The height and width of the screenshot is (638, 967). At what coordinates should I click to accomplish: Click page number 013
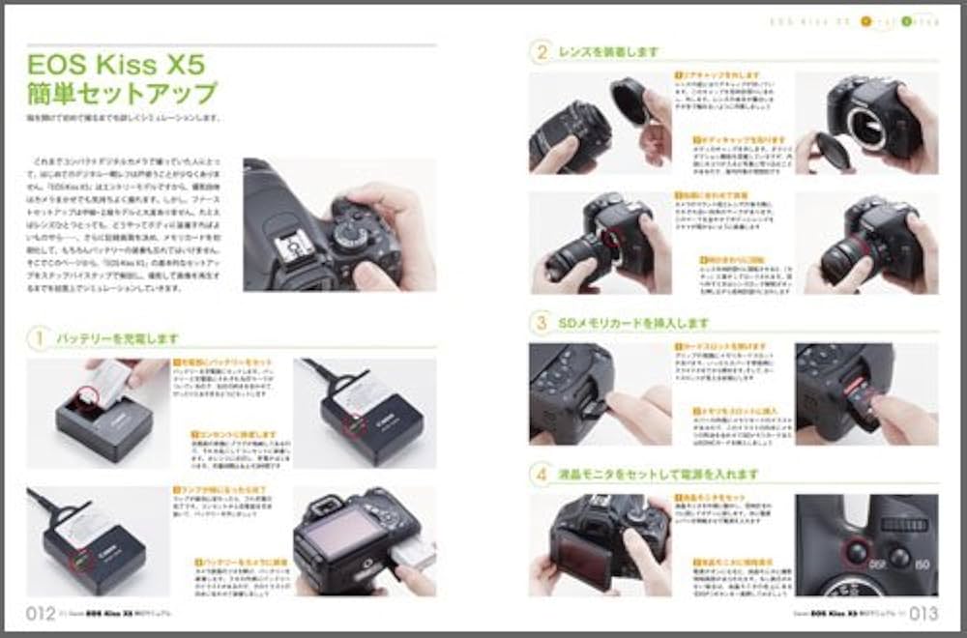[923, 611]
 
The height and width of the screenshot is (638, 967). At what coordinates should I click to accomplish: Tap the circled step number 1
[40, 338]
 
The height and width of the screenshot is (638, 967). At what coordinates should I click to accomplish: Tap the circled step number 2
[542, 51]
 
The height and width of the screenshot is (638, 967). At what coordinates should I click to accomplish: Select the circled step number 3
[542, 322]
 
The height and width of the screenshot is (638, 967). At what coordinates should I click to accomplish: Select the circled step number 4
[542, 474]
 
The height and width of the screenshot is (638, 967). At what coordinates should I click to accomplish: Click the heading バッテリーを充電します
[117, 338]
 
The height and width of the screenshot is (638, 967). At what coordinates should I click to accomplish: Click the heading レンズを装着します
[609, 51]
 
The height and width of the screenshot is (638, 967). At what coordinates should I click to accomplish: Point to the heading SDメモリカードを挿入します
[634, 322]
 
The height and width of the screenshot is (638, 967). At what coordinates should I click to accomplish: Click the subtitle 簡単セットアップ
[122, 95]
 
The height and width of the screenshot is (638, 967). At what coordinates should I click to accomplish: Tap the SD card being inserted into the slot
[868, 399]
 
